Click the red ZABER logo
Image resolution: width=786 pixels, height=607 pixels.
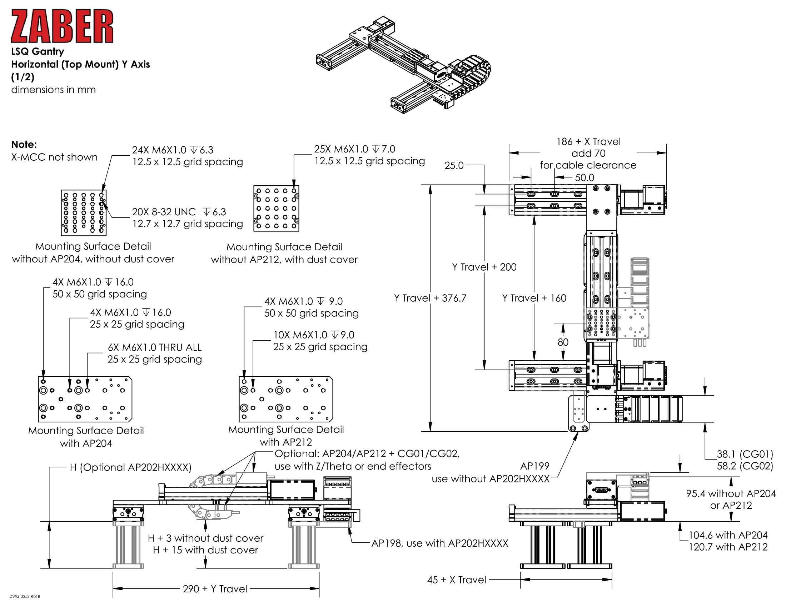coord(62,26)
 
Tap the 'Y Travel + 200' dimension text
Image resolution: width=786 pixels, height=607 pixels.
coord(484,267)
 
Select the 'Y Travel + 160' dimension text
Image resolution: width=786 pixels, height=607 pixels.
coord(534,298)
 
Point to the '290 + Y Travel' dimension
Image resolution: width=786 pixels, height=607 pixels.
coord(215,589)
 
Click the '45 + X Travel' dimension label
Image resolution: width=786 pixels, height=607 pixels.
coord(456,580)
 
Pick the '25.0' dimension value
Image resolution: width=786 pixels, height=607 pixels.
coord(454,165)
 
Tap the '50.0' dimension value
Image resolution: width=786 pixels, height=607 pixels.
coord(584,178)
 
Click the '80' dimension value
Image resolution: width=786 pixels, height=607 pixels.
coord(563,342)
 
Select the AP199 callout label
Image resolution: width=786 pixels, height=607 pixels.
coord(535,466)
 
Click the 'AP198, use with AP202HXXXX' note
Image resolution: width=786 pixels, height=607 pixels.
coord(439,543)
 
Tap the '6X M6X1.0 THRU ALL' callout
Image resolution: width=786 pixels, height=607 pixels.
coord(155,347)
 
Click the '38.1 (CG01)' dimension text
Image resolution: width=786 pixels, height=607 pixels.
coord(745,454)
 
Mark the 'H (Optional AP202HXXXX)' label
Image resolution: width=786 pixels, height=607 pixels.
coord(130,467)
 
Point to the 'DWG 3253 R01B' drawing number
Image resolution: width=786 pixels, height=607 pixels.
coord(24,597)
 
